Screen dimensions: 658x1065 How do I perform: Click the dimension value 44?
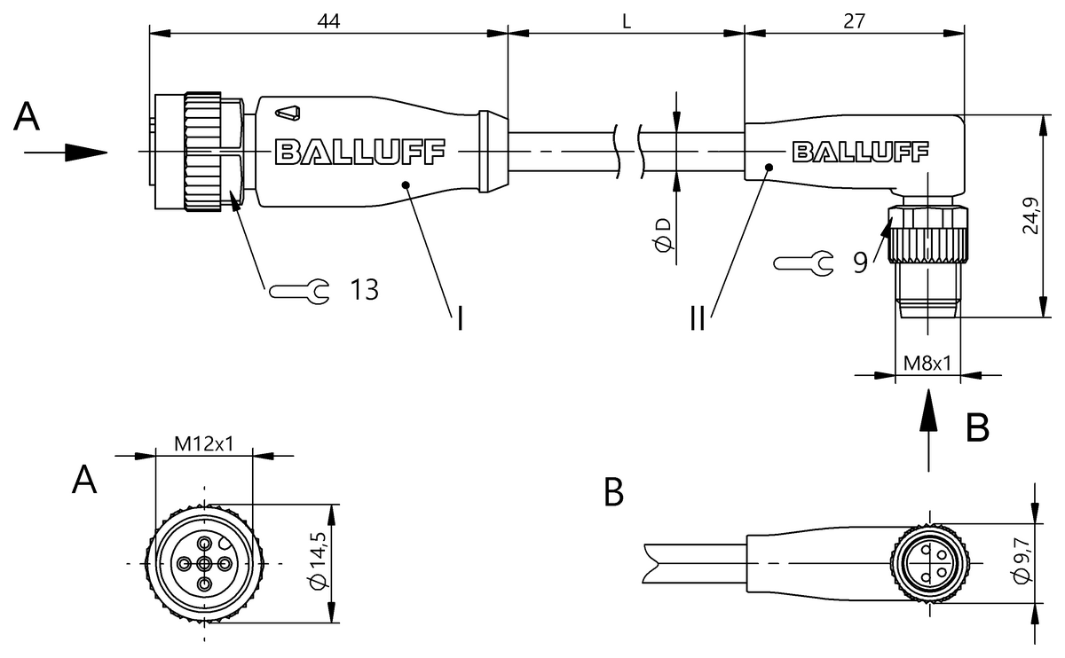tap(329, 21)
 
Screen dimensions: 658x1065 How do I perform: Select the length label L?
tap(626, 22)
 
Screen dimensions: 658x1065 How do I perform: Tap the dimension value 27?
tap(854, 21)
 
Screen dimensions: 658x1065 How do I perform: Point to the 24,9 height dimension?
tap(1030, 215)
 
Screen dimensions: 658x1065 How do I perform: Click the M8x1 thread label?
tap(927, 363)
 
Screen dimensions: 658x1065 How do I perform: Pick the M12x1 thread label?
tap(203, 443)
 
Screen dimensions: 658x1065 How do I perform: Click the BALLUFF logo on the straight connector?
tap(360, 153)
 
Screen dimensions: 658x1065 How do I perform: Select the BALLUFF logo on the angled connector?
tap(858, 153)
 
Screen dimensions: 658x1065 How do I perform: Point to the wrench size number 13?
tap(363, 289)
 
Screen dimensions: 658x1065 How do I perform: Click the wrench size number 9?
tap(860, 262)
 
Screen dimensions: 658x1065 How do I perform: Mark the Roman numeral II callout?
tap(698, 317)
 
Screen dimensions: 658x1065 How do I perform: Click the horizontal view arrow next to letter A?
tap(67, 153)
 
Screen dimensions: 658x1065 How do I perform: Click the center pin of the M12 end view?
tap(204, 564)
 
